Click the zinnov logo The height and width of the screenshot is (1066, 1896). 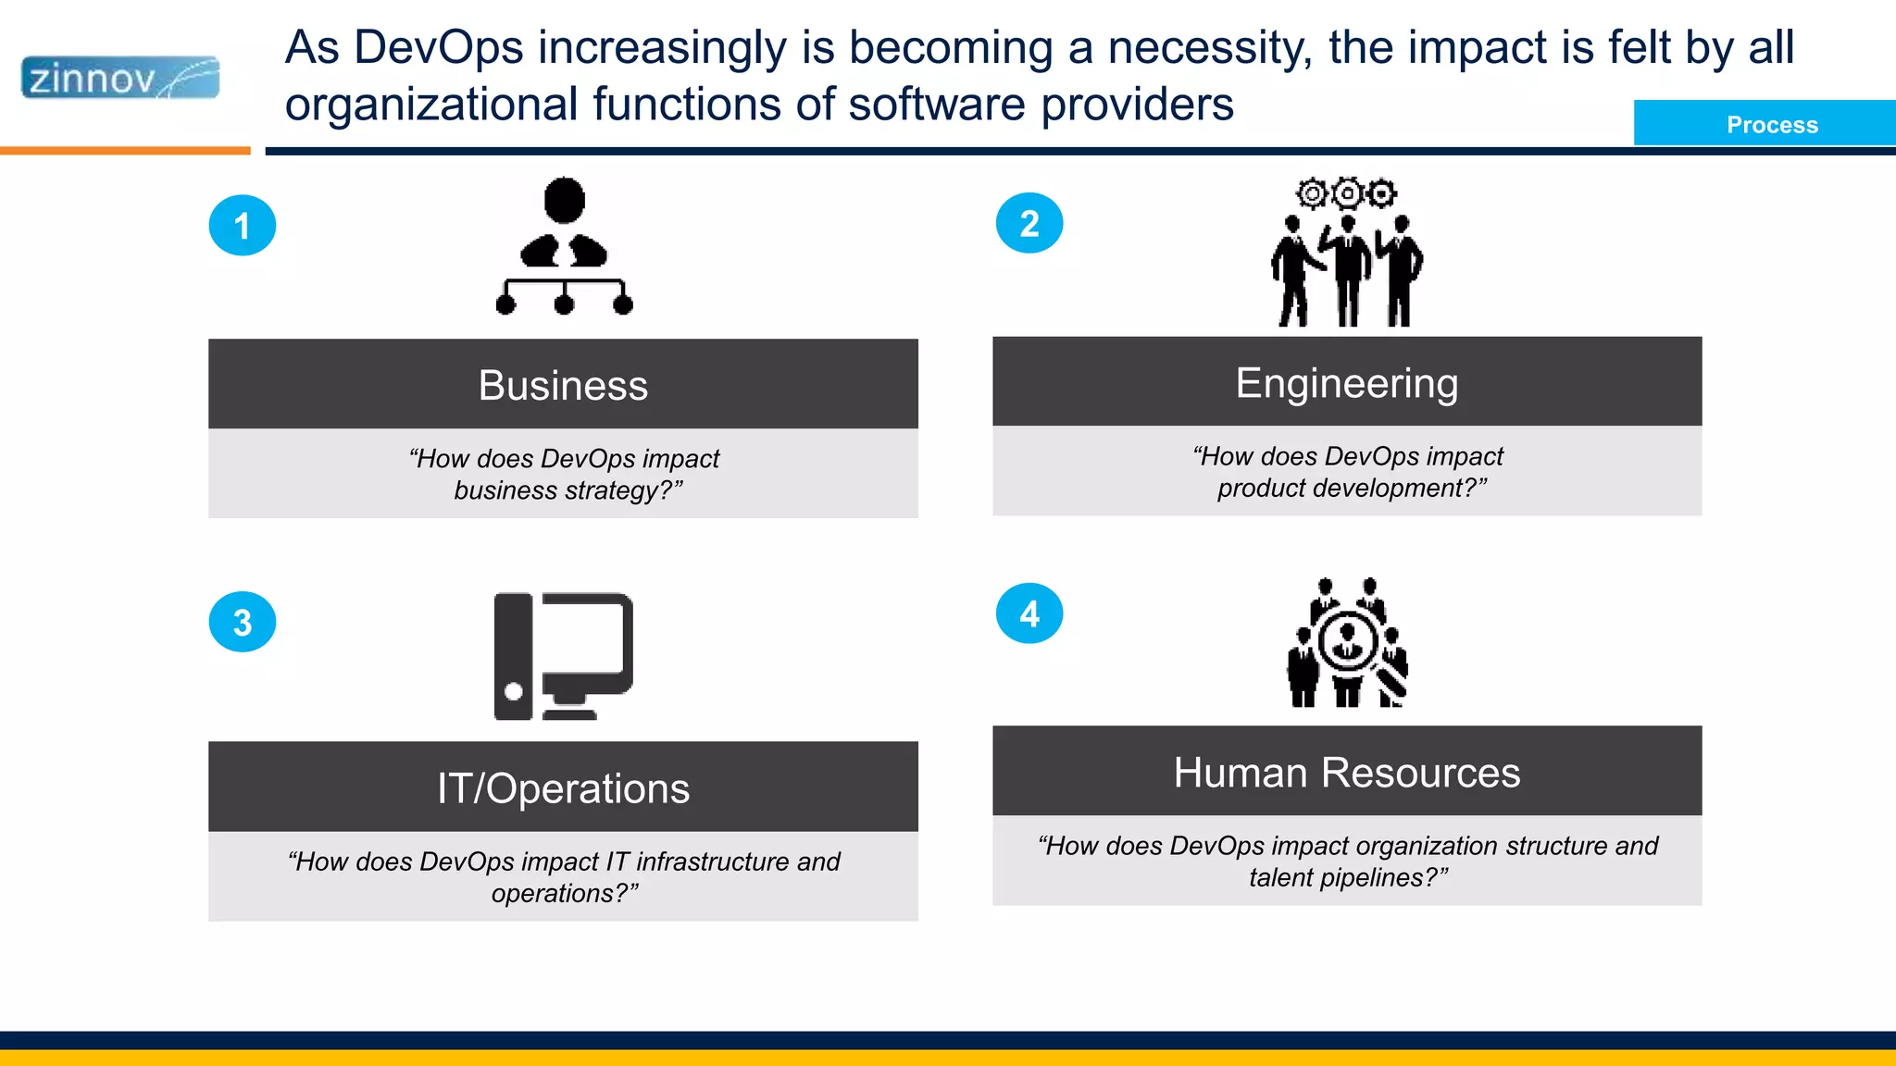tap(120, 78)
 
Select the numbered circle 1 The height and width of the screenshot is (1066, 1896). tap(243, 226)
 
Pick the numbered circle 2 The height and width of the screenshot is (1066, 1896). tap(1029, 224)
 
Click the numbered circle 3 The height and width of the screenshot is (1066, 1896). tap(243, 623)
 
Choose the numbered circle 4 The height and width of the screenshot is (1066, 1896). tap(1029, 614)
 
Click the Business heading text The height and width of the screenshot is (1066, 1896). tap(563, 385)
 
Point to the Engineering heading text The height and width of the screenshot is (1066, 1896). tap(1347, 383)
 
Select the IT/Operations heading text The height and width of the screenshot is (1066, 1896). tap(563, 788)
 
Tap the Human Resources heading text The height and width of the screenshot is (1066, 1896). tap(1347, 773)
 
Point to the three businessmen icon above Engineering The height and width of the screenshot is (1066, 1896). tap(1347, 268)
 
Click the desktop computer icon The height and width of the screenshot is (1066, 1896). tap(564, 656)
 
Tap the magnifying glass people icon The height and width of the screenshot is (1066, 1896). tap(1348, 643)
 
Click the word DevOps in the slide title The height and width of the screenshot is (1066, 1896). tap(439, 48)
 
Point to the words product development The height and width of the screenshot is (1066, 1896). tap(1352, 488)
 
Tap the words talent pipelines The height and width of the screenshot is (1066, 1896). tap(1347, 877)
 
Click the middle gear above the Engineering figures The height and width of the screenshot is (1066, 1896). tap(1347, 193)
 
